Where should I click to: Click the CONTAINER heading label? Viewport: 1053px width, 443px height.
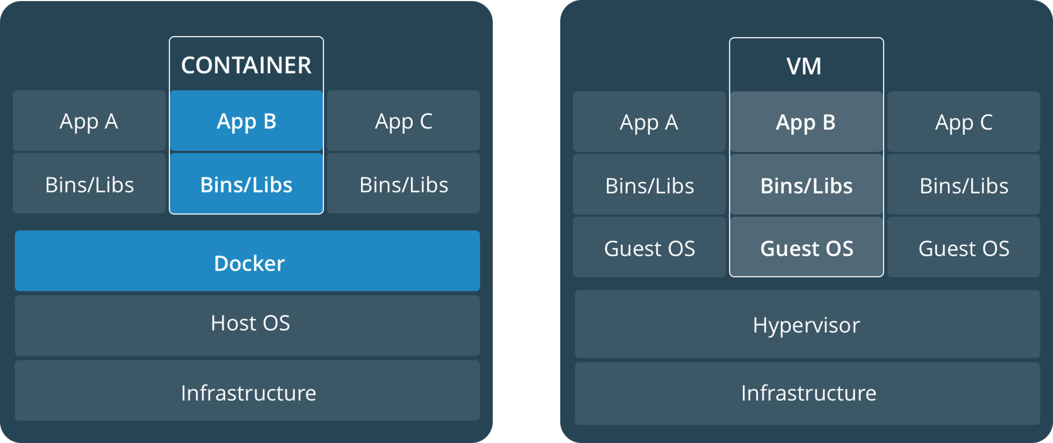[x=246, y=65]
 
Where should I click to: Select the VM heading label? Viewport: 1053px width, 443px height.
[x=804, y=66]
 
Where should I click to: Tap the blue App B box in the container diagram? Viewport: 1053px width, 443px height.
[x=246, y=121]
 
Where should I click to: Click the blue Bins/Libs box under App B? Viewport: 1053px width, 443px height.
[x=246, y=183]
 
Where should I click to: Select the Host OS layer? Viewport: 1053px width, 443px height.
[x=247, y=325]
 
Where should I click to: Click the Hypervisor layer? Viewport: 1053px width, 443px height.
[x=807, y=324]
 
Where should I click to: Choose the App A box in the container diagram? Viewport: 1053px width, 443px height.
[x=89, y=121]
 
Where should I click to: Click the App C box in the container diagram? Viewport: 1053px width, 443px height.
[x=404, y=121]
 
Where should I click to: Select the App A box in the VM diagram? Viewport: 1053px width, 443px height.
[x=649, y=122]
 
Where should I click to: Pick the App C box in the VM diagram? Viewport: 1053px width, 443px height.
[x=964, y=122]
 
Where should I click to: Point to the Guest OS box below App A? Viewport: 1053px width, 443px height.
[x=649, y=247]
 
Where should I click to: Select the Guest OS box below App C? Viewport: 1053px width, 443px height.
[x=964, y=247]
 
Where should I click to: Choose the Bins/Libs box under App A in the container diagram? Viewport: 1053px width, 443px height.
[x=89, y=183]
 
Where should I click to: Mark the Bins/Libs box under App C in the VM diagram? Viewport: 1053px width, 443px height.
[x=964, y=185]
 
